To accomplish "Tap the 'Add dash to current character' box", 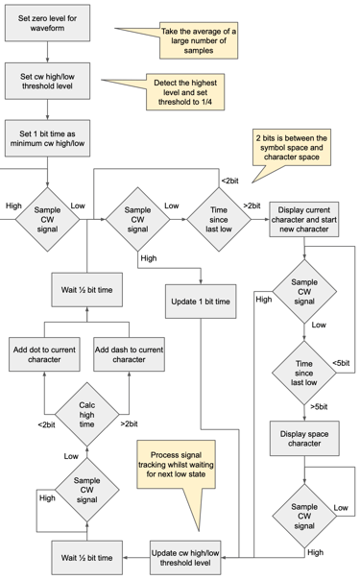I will [x=129, y=354].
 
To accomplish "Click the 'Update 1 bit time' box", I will [x=200, y=302].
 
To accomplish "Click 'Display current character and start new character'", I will [x=304, y=219].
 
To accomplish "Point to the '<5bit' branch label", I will [x=340, y=362].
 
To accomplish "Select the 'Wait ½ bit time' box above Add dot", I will [x=87, y=289].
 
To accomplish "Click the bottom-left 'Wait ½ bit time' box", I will [x=87, y=557].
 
